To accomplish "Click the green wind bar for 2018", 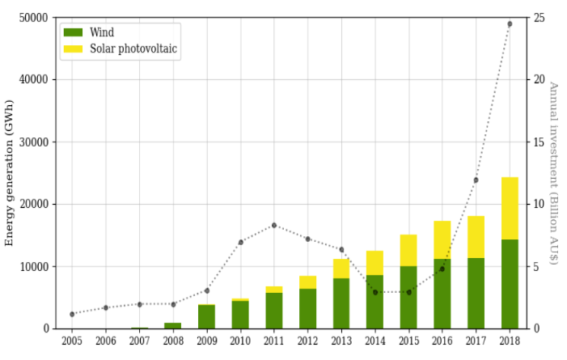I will (x=510, y=284).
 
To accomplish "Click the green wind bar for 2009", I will (x=206, y=317).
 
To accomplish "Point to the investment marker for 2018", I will (x=510, y=24).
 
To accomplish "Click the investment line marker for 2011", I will (x=274, y=225).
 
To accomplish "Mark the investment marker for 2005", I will (x=72, y=314).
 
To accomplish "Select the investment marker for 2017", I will (x=476, y=180).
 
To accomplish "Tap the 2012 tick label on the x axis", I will (x=307, y=341).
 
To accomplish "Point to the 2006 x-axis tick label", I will (x=106, y=341).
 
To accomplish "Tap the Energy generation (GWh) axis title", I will (x=10, y=172).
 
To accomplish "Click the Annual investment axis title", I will (x=554, y=172).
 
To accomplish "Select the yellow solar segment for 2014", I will (x=374, y=263).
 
